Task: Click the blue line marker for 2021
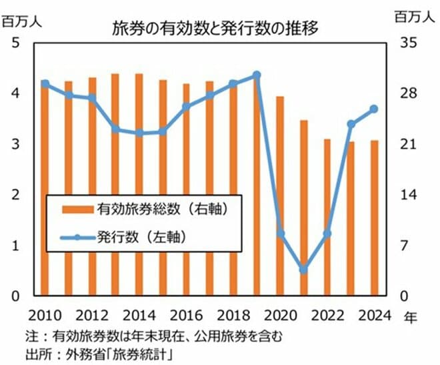pyautogui.click(x=303, y=269)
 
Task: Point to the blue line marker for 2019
pyautogui.click(x=257, y=75)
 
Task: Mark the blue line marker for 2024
pyautogui.click(x=374, y=109)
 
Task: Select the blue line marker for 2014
pyautogui.click(x=139, y=133)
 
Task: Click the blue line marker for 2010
pyautogui.click(x=45, y=83)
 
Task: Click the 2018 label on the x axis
pyautogui.click(x=233, y=315)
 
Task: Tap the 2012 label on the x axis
pyautogui.click(x=92, y=315)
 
